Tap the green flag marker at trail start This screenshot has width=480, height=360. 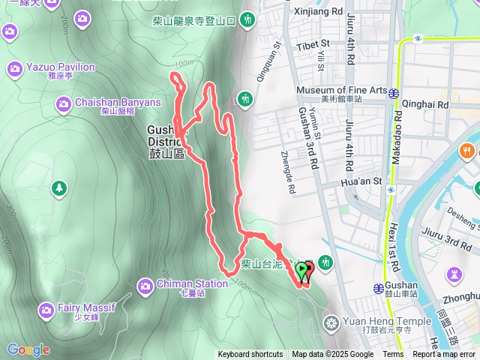point(302,270)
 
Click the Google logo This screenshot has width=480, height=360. point(28,349)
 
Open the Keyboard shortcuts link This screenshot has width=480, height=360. point(250,355)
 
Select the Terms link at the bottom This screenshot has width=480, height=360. point(393,355)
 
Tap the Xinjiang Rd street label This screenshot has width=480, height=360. point(320,13)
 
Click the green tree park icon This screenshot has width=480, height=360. point(59,187)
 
